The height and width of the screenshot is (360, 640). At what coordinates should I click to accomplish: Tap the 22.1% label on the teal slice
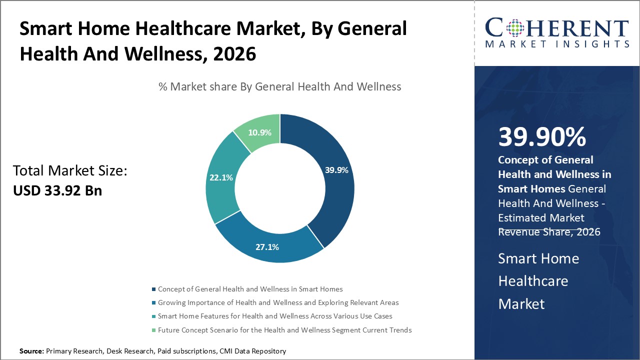coord(220,177)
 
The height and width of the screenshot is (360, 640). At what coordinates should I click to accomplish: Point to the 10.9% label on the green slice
coord(259,132)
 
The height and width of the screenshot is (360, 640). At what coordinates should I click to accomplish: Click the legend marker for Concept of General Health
coord(153,289)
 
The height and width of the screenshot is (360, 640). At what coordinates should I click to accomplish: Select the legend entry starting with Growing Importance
coord(278,302)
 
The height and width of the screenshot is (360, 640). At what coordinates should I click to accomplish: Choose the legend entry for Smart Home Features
coord(274,316)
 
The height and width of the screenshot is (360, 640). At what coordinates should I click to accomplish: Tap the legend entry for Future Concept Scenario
coord(284,330)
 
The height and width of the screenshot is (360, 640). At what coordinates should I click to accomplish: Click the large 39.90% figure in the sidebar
coord(542,137)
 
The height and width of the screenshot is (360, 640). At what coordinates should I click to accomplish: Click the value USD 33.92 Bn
coord(57,190)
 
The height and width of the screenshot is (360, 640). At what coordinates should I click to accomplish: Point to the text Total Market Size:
coord(70,171)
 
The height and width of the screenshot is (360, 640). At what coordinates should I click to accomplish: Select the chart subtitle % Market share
coord(279,86)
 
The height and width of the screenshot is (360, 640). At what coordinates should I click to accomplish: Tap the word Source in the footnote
coord(31,351)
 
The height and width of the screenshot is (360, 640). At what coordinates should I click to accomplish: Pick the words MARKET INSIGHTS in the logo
coord(557,44)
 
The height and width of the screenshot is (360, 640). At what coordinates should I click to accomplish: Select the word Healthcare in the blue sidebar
coord(533,281)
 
